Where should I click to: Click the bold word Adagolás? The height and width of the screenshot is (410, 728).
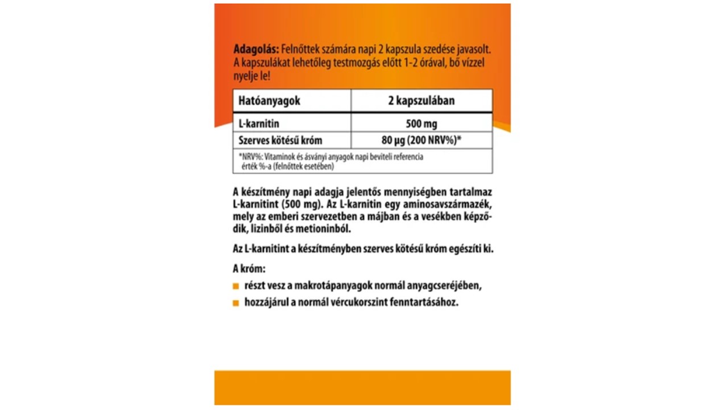(x=256, y=50)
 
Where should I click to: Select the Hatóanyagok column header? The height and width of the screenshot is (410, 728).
(x=269, y=101)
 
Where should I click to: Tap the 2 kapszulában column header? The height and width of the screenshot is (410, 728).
(x=421, y=101)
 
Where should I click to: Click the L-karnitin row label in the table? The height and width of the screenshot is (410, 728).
(x=259, y=124)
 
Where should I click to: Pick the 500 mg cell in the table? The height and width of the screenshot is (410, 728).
(x=421, y=124)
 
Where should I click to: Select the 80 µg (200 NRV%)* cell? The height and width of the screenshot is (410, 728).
(x=421, y=140)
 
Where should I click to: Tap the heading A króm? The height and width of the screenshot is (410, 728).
(x=249, y=268)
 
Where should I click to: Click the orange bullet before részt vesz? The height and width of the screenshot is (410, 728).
(x=236, y=286)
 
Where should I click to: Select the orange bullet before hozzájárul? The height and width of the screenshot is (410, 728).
(x=236, y=303)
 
